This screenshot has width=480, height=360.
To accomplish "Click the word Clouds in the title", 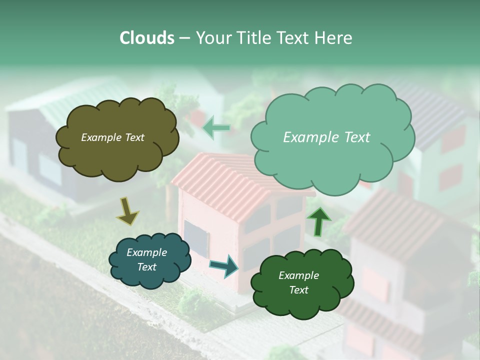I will click(x=147, y=38).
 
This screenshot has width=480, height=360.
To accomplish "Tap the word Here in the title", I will click(x=333, y=38).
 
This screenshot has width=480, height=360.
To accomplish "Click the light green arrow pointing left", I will click(x=216, y=128).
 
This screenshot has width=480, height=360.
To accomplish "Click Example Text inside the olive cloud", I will click(x=112, y=137).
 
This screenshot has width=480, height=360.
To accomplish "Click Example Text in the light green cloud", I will click(x=326, y=137).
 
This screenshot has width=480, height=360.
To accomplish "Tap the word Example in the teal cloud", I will click(x=146, y=252).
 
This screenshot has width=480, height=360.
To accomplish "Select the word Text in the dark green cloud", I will click(x=298, y=290).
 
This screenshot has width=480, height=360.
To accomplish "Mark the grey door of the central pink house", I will click(x=196, y=237).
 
